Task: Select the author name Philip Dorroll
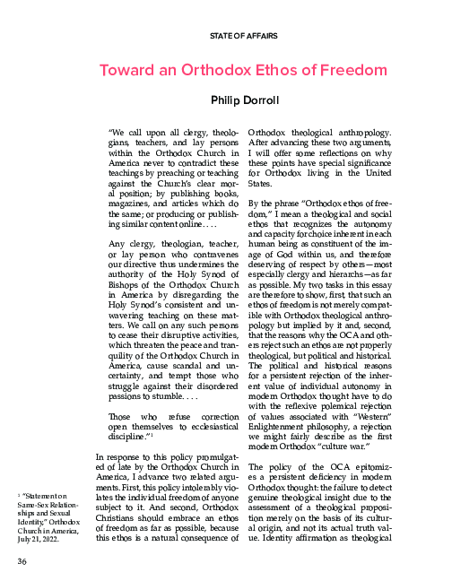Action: (x=243, y=101)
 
